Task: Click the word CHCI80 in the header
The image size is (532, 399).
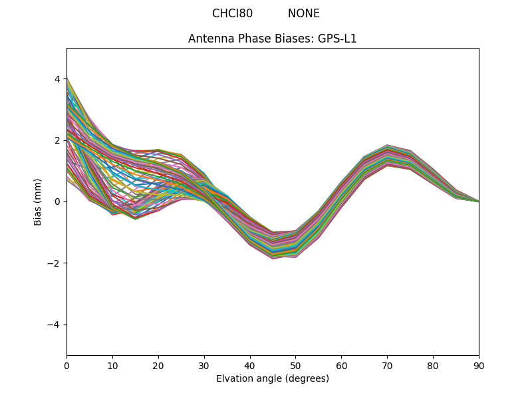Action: (x=232, y=13)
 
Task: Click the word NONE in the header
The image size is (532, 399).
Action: (x=304, y=13)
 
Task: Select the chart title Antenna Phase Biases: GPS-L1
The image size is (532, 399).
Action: (x=273, y=39)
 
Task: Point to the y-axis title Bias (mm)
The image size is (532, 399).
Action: (x=39, y=201)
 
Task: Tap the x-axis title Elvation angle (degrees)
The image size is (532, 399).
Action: (x=273, y=378)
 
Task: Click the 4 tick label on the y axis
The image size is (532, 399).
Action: (x=57, y=79)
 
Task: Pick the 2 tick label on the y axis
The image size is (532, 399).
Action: (x=57, y=140)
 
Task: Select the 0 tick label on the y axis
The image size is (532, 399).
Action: (x=57, y=201)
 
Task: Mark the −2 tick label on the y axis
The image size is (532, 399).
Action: (x=55, y=263)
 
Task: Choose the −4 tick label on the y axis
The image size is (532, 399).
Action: (x=55, y=325)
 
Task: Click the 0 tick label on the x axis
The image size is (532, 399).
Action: (x=66, y=365)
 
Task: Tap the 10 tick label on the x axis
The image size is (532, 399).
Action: (x=112, y=365)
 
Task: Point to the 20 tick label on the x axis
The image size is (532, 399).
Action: (x=158, y=365)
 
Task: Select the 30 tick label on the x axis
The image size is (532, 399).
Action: (x=204, y=365)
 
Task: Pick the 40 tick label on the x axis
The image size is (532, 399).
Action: (x=250, y=365)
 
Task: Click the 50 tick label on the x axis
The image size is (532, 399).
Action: (x=295, y=365)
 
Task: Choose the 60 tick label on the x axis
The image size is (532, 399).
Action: (x=341, y=365)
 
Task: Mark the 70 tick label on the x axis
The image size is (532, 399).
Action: (x=387, y=365)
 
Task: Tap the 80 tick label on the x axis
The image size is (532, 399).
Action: (x=433, y=365)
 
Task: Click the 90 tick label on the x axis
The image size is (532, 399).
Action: (x=479, y=365)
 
